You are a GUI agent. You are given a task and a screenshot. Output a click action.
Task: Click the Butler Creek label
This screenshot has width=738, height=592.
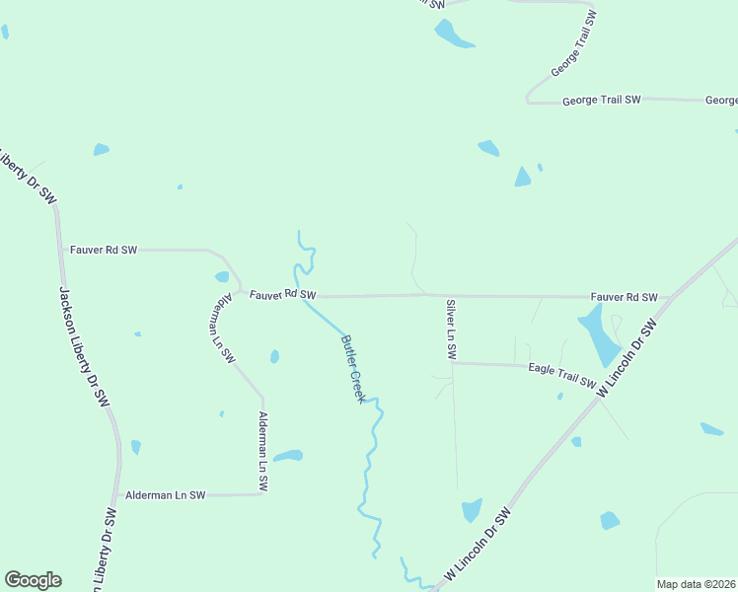[354, 367]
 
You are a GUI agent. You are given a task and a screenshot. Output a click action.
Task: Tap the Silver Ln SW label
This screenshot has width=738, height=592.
[451, 329]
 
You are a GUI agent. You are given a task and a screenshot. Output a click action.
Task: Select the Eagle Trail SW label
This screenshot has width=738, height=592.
[561, 374]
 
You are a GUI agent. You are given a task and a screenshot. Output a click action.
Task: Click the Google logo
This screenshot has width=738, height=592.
[33, 579]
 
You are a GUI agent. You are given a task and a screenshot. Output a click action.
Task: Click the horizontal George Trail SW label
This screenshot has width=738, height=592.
[602, 101]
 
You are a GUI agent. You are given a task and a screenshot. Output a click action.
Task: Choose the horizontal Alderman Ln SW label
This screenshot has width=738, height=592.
[165, 494]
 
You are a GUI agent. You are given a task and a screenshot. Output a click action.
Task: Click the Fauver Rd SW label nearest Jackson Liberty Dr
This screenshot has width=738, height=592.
[104, 251]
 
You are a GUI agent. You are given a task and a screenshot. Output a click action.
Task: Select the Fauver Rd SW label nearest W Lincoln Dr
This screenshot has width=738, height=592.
[624, 297]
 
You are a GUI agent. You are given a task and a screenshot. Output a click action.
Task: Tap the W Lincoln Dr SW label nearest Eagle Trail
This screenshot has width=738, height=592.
[627, 358]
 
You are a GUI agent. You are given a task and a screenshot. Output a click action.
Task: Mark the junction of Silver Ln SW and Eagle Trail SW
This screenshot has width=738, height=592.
[452, 363]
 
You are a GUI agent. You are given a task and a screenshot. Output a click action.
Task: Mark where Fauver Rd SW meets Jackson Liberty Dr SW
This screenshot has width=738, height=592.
[61, 251]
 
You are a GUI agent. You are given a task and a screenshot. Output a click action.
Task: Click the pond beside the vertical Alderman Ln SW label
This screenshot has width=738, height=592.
[288, 456]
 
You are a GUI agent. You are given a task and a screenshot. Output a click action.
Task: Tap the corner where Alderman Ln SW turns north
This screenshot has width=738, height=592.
[263, 493]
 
